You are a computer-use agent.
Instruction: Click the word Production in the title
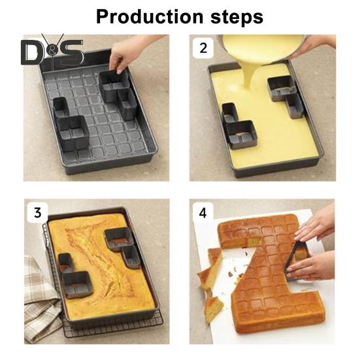point(150,17)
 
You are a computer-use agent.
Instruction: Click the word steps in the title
point(237,18)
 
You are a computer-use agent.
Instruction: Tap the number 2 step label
point(203,48)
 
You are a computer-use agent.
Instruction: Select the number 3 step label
point(38,212)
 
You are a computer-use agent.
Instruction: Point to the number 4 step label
point(203,213)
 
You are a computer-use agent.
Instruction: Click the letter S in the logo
point(70,52)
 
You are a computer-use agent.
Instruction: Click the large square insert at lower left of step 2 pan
point(241,135)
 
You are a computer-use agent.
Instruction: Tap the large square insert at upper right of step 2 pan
point(282,88)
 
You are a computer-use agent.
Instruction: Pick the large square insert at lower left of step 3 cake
point(77,285)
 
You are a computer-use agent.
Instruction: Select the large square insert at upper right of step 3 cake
point(119,239)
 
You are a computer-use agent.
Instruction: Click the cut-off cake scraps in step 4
point(211,285)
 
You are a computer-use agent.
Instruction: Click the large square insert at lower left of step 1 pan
point(73,133)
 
